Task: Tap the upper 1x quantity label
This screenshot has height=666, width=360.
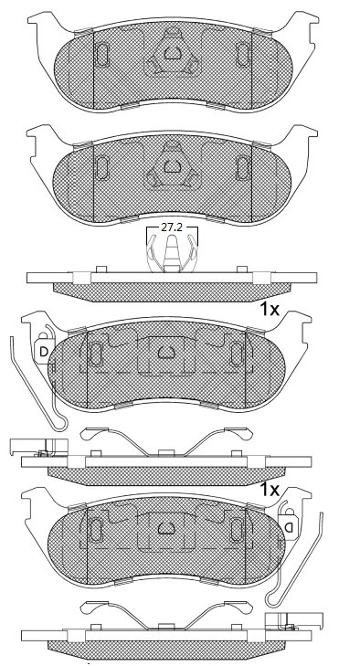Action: [x=269, y=310]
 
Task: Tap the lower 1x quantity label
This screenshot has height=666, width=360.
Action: [x=269, y=491]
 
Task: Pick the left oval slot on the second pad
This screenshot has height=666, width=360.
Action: [x=102, y=165]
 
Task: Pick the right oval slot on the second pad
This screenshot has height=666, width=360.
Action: [x=244, y=165]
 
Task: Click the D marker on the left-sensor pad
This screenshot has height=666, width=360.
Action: [x=42, y=350]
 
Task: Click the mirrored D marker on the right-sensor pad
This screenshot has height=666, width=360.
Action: [x=289, y=528]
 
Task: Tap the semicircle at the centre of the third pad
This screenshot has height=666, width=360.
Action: [x=167, y=352]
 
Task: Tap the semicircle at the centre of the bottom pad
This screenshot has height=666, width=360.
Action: [x=167, y=529]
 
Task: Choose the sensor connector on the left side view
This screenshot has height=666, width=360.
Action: [x=27, y=448]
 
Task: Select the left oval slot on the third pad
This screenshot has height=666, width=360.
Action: [x=95, y=353]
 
